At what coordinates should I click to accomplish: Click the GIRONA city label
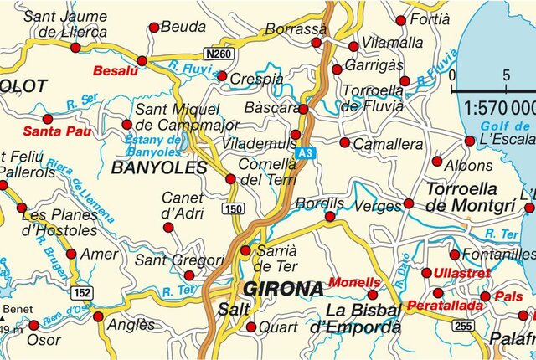283,290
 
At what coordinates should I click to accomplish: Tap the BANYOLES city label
158,168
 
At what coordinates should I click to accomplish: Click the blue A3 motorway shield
307,152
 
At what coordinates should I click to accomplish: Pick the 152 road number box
82,291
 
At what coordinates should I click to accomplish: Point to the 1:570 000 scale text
499,107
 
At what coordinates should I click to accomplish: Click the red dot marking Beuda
153,28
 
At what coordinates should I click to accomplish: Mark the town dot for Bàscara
303,109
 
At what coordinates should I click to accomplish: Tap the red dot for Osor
33,325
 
